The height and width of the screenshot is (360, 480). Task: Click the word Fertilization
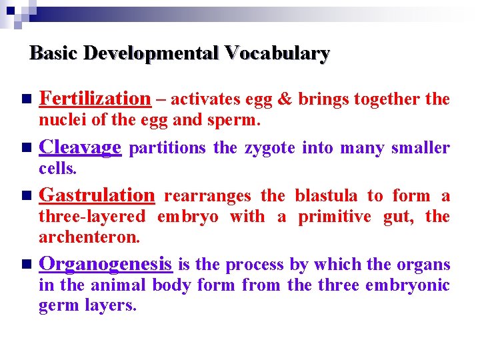[95, 99]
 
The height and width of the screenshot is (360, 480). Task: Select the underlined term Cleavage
[80, 147]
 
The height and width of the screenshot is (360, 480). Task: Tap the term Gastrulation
[97, 195]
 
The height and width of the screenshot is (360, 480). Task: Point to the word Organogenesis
[105, 264]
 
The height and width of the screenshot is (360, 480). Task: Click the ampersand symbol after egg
[284, 99]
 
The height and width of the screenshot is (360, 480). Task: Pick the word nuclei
[59, 121]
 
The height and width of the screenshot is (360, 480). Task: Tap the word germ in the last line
[58, 306]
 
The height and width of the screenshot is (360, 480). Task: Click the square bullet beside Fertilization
[25, 99]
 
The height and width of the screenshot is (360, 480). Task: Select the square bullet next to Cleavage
[25, 148]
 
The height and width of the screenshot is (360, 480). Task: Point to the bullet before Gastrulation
[25, 196]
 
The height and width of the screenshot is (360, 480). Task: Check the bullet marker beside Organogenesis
[25, 265]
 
